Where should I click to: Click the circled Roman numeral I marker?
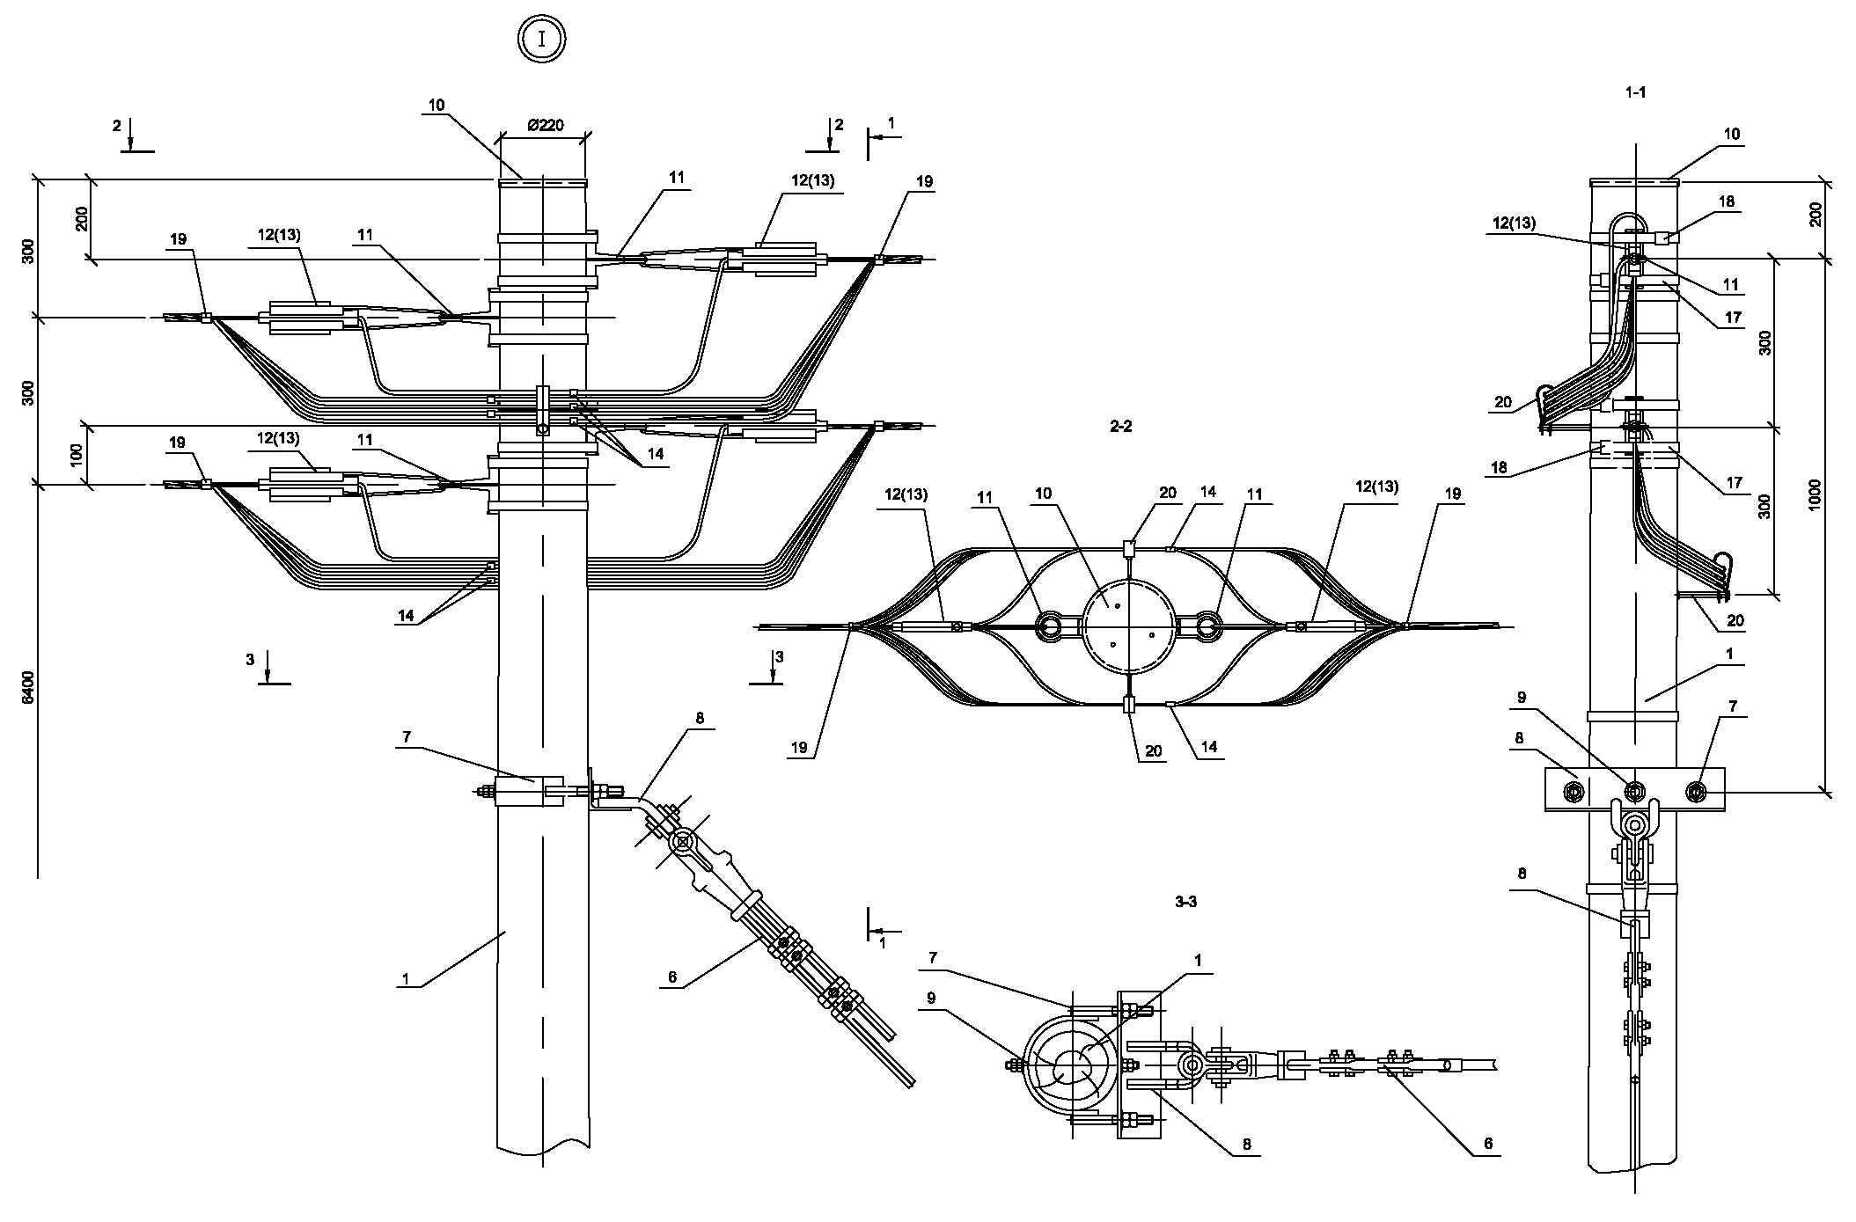(x=541, y=40)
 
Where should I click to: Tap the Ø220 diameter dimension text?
(x=546, y=126)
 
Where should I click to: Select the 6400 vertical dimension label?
(x=29, y=686)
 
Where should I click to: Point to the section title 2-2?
(x=1120, y=427)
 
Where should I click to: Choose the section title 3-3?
(x=1185, y=902)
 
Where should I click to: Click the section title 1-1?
(x=1635, y=91)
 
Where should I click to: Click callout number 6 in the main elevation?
(x=674, y=976)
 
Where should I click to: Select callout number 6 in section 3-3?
(x=1488, y=1144)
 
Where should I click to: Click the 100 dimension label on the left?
(x=77, y=455)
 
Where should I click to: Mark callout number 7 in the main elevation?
(x=406, y=737)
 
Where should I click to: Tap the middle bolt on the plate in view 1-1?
(x=1634, y=791)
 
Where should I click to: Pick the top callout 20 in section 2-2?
(x=1167, y=493)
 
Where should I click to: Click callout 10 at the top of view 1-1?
(x=1732, y=135)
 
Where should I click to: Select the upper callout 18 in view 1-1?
(x=1727, y=201)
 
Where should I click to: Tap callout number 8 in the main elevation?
(x=700, y=718)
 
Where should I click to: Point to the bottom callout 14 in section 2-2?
(x=1208, y=747)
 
